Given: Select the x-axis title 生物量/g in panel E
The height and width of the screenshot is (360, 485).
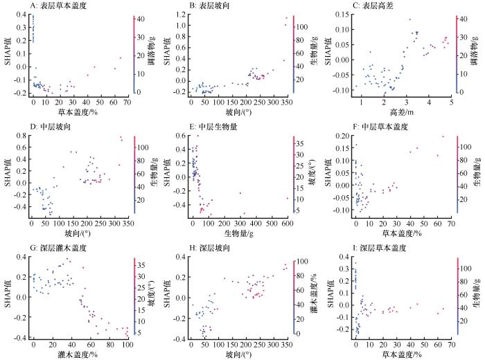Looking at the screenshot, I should coord(240,232).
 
